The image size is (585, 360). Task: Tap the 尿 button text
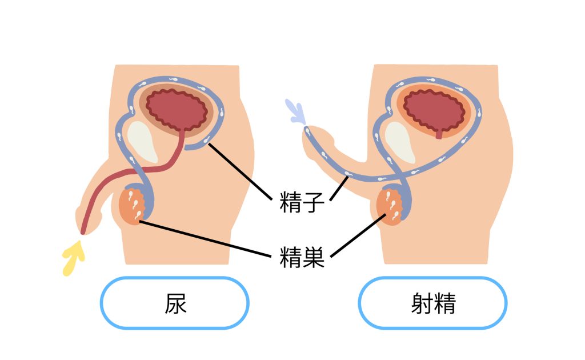click(175, 303)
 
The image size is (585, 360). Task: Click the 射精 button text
click(433, 303)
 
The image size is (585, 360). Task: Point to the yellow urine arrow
click(73, 258)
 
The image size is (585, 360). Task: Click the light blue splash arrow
click(296, 111)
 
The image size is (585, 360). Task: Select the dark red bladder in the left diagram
click(177, 109)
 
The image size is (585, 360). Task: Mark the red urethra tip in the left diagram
click(83, 230)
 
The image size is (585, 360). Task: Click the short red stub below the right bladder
click(439, 135)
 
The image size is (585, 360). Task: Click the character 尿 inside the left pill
click(175, 303)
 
